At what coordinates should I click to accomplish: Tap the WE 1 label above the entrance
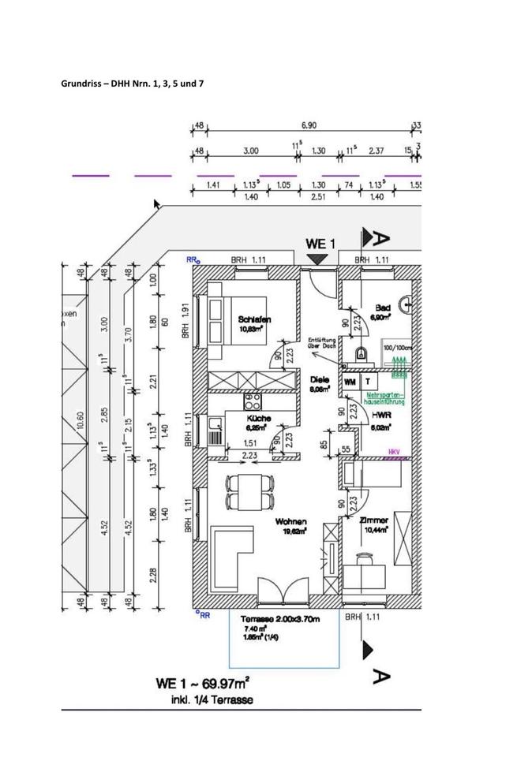[x=321, y=243]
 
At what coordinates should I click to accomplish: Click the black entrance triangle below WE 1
[x=317, y=259]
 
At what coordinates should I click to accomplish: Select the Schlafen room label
[x=255, y=319]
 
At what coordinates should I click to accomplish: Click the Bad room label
[x=383, y=308]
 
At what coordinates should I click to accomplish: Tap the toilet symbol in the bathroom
[x=362, y=353]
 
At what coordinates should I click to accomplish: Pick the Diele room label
[x=320, y=379]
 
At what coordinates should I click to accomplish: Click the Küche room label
[x=259, y=419]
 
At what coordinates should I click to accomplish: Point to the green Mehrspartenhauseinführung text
[x=386, y=398]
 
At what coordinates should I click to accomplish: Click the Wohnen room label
[x=290, y=521]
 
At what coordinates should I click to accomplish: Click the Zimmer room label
[x=373, y=521]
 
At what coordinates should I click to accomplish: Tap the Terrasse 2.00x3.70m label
[x=275, y=621]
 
